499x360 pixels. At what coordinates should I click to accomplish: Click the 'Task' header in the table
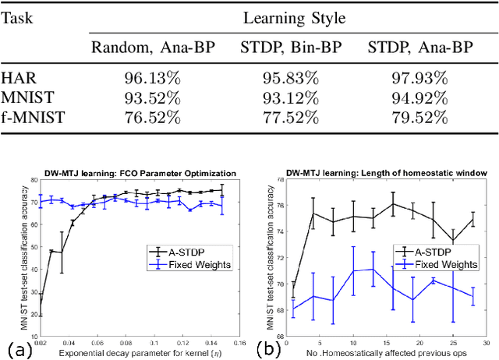pos(20,16)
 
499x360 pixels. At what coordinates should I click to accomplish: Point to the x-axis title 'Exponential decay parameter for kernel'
pos(132,351)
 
